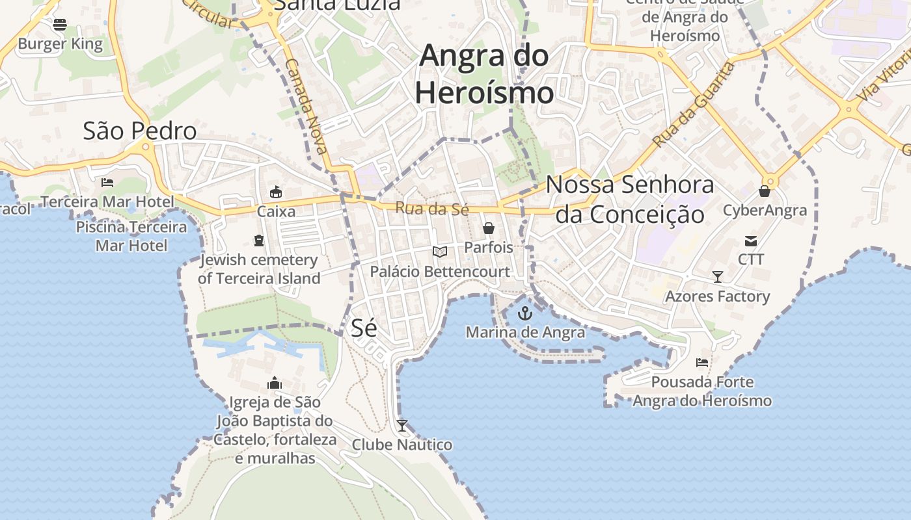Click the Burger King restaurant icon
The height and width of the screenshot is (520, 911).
click(60, 25)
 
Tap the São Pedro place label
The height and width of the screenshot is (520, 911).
click(140, 131)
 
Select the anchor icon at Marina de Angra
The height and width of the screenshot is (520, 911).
click(524, 314)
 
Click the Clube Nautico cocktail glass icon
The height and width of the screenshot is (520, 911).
click(402, 426)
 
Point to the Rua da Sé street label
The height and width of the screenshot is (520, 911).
click(432, 209)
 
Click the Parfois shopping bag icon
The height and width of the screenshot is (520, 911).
click(488, 228)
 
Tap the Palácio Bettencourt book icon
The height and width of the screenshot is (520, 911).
click(440, 252)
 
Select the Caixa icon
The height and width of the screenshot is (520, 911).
click(276, 192)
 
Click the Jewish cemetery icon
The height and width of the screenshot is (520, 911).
click(259, 240)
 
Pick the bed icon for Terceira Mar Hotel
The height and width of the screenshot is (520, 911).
click(107, 183)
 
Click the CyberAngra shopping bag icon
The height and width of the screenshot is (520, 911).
click(765, 191)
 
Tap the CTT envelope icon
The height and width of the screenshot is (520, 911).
click(751, 241)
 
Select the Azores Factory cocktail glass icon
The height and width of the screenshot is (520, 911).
click(717, 277)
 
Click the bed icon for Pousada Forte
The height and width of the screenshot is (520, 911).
click(702, 362)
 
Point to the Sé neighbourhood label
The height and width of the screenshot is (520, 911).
click(364, 328)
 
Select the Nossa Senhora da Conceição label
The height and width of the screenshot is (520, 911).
click(630, 200)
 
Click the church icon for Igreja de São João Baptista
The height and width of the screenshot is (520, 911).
click(275, 383)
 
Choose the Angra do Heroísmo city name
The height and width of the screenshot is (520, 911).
click(484, 73)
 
